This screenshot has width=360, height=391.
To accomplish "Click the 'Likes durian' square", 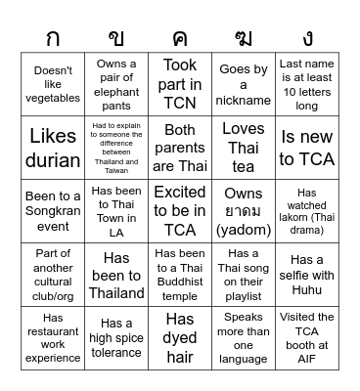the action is coord(53,147).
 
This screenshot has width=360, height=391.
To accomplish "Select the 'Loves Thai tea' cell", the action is coord(244,147).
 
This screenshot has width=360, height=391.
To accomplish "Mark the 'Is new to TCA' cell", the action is coord(307,147).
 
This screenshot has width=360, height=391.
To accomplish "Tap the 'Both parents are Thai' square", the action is coord(180,147).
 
